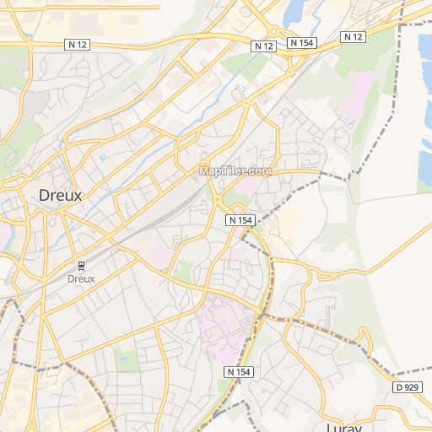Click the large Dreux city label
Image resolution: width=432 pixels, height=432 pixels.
(61, 195)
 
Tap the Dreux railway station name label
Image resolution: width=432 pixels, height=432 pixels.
(81, 278)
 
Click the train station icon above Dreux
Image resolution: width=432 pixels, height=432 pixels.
(81, 265)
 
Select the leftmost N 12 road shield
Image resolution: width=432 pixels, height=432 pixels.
(77, 44)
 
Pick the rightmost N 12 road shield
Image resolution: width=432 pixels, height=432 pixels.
(353, 36)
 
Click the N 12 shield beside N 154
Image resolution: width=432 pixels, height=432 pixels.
(264, 46)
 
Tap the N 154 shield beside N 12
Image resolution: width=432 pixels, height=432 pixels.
(300, 42)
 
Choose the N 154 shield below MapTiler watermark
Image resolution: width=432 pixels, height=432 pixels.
(240, 219)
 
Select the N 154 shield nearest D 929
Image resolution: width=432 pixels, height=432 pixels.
(239, 372)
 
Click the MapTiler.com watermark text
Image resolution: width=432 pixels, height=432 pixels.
(235, 170)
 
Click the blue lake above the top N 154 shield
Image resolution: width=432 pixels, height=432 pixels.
(295, 13)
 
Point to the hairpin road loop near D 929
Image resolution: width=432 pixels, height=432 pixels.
(363, 337)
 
